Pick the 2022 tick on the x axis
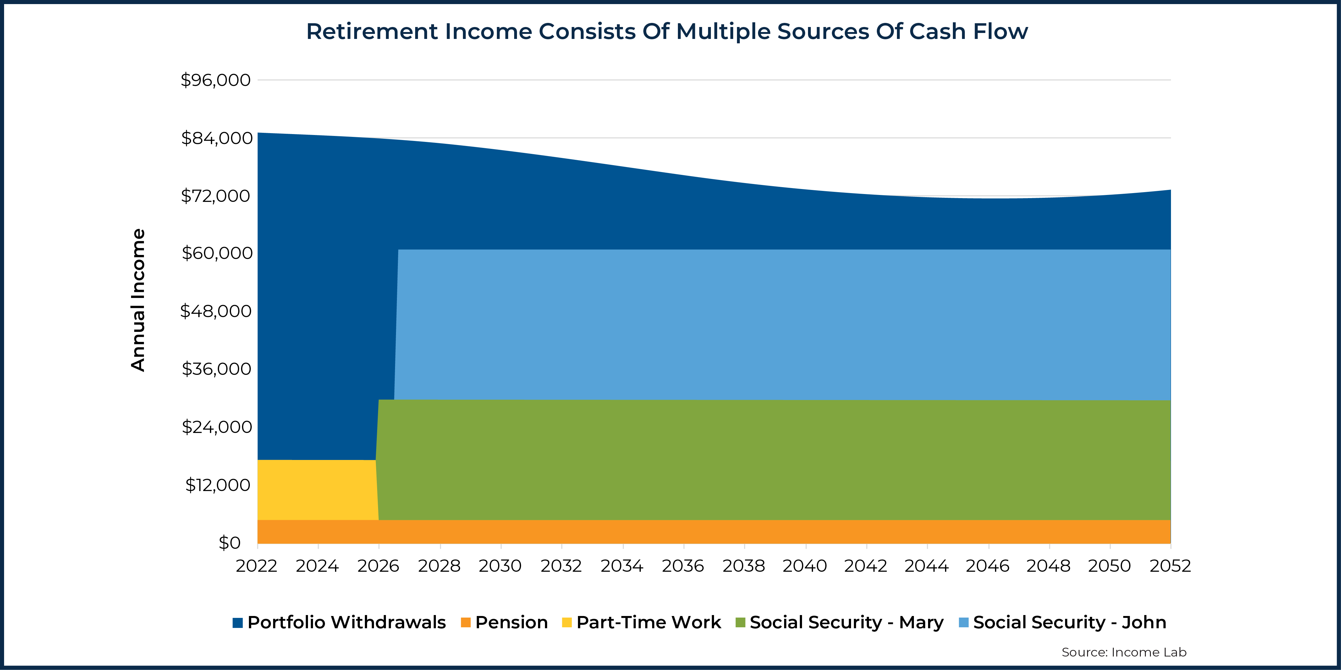[x=257, y=566]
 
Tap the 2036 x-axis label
[x=683, y=566]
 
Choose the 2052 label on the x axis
[x=1170, y=566]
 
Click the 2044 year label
[x=926, y=566]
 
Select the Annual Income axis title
[x=138, y=300]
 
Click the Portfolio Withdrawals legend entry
[x=339, y=622]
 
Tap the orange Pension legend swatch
[x=466, y=622]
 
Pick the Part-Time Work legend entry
[x=642, y=622]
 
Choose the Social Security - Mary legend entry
[x=840, y=622]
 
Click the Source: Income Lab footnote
[x=1124, y=652]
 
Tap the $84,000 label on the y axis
[x=217, y=138]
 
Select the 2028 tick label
[x=439, y=566]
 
